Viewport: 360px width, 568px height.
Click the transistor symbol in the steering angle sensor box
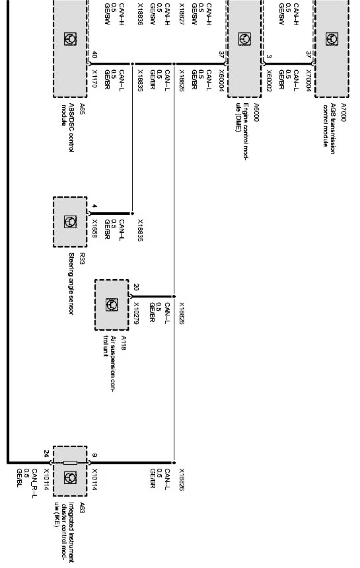point(70,221)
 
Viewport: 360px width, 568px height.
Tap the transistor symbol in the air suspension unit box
point(112,305)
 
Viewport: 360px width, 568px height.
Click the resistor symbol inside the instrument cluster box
point(70,462)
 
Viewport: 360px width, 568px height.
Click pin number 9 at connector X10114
point(94,455)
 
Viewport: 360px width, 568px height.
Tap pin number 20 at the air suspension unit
point(136,288)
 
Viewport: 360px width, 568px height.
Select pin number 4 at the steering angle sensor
point(94,206)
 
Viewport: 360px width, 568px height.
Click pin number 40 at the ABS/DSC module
point(94,56)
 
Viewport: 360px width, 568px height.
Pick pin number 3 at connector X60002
point(269,57)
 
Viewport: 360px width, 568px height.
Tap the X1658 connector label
point(94,229)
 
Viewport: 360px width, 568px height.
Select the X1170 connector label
point(94,79)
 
